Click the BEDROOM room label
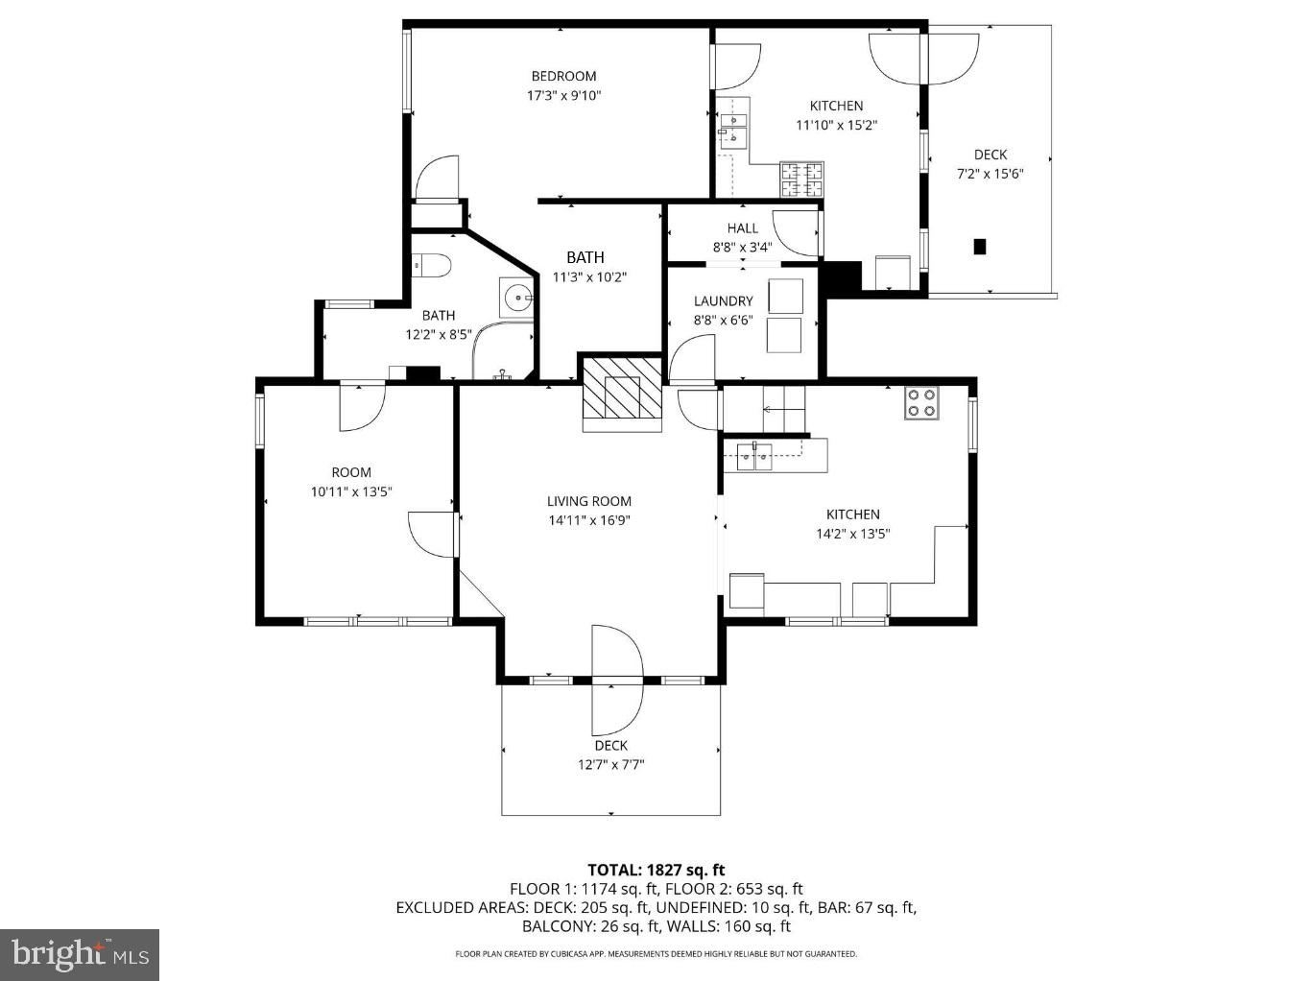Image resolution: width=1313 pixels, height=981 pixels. click(563, 76)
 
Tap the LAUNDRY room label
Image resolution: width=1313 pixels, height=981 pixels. click(723, 300)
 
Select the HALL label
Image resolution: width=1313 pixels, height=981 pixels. click(742, 227)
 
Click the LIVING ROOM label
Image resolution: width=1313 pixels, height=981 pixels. click(589, 501)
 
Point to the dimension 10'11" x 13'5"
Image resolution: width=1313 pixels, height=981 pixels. click(351, 491)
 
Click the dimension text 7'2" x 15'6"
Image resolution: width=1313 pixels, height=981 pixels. click(990, 174)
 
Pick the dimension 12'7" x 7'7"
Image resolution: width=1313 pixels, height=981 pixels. click(610, 764)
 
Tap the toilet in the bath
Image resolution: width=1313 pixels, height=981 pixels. click(431, 264)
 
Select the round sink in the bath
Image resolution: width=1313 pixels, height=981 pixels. click(516, 296)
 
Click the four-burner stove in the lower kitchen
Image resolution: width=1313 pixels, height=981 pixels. click(921, 402)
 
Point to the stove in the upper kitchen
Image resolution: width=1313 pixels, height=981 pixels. click(802, 179)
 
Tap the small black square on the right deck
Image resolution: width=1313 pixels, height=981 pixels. click(980, 247)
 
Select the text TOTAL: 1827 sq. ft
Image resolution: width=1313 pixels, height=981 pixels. click(656, 870)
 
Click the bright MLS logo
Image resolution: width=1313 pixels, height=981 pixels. click(80, 955)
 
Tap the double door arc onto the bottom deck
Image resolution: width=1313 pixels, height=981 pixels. click(617, 681)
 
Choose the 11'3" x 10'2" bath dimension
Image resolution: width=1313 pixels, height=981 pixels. click(589, 277)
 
